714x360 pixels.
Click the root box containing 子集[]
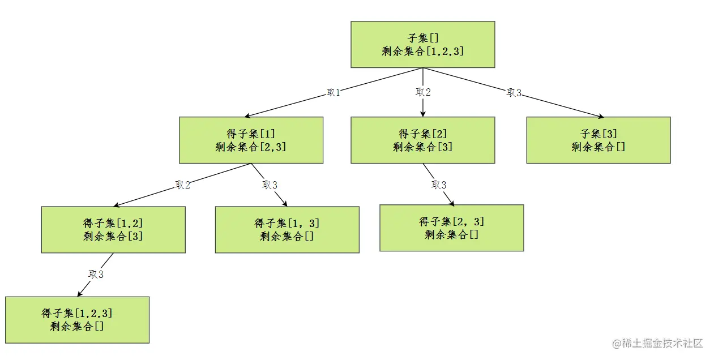pyautogui.click(x=422, y=44)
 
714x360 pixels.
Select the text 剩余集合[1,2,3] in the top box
pyautogui.click(x=423, y=52)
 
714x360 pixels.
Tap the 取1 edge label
pyautogui.click(x=334, y=93)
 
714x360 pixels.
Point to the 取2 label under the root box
pyautogui.click(x=423, y=92)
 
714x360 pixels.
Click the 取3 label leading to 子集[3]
pyautogui.click(x=514, y=93)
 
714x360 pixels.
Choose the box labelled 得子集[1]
pyautogui.click(x=251, y=140)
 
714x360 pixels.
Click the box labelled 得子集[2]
pyautogui.click(x=422, y=140)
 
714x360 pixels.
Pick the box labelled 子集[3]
pyautogui.click(x=598, y=140)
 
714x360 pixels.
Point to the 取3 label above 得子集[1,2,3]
pyautogui.click(x=96, y=275)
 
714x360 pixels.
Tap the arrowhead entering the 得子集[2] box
pyautogui.click(x=423, y=114)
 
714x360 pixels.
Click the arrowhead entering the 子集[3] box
pyautogui.click(x=600, y=116)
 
